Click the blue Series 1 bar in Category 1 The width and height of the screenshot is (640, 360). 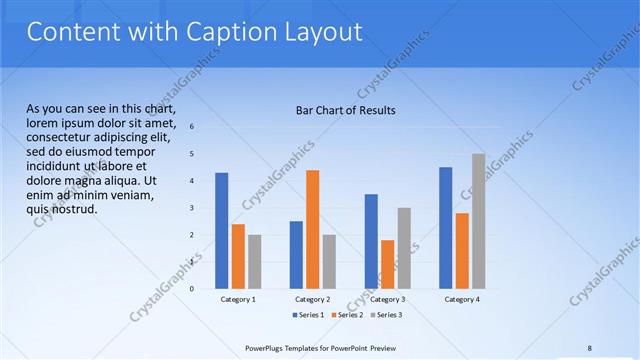pyautogui.click(x=221, y=230)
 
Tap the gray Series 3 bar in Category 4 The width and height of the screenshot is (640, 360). pyautogui.click(x=478, y=221)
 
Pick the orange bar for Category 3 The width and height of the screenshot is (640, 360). pyautogui.click(x=387, y=264)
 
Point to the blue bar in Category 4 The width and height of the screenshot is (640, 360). pyautogui.click(x=445, y=227)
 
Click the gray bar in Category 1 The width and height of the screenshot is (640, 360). pyautogui.click(x=254, y=261)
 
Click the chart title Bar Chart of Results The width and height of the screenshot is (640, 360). pyautogui.click(x=345, y=109)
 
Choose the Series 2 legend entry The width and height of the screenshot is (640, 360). pyautogui.click(x=346, y=315)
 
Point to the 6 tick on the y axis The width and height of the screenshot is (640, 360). pyautogui.click(x=191, y=127)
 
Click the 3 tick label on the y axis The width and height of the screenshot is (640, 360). pyautogui.click(x=191, y=208)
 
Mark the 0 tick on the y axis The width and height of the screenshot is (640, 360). pyautogui.click(x=191, y=289)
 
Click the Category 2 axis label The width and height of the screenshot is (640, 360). pyautogui.click(x=312, y=299)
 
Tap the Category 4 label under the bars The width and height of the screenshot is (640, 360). pyautogui.click(x=462, y=299)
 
